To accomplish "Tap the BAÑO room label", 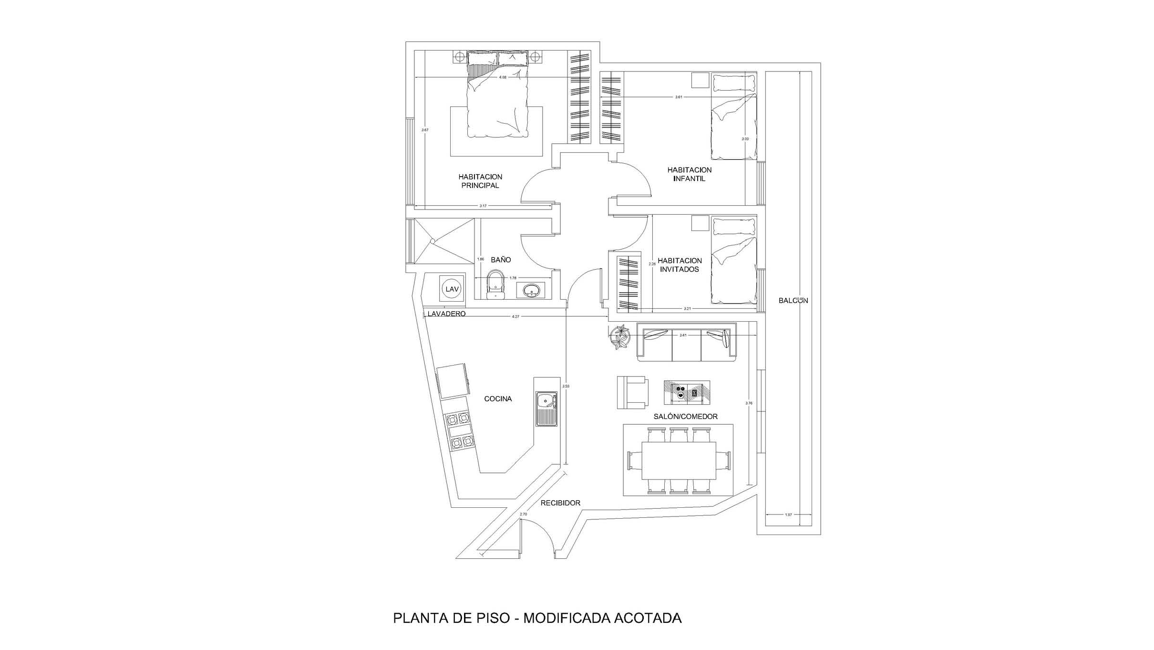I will pos(501,260).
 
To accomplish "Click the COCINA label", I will pos(498,398).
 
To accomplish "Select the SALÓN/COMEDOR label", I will pos(685,417).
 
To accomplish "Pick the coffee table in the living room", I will pos(687,392).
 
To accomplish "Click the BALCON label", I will pos(793,301).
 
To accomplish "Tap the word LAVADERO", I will pos(446,314).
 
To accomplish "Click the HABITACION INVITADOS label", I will pos(680,265).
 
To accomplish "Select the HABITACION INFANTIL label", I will pos(689,174).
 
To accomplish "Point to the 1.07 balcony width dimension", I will pos(788,514).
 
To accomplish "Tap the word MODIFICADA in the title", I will pos(565,618).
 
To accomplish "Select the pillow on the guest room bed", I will pos(734,227).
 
